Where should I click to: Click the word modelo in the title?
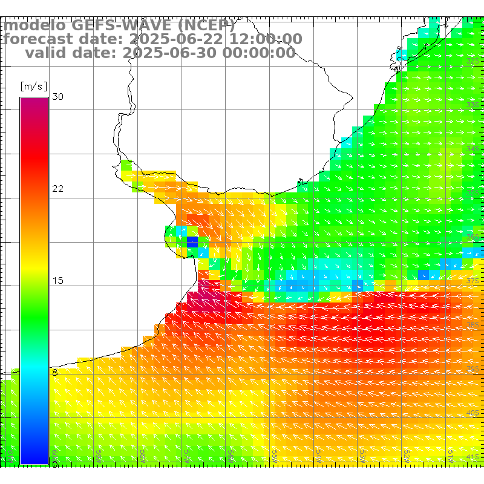[x=34, y=25]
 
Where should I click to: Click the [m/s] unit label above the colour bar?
[x=33, y=87]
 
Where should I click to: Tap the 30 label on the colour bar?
[x=58, y=97]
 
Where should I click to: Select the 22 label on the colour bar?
[x=58, y=189]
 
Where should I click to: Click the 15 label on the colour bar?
[x=58, y=281]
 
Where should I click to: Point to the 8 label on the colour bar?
[x=55, y=373]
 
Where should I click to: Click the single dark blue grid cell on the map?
[x=192, y=242]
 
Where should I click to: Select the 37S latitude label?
[x=473, y=281]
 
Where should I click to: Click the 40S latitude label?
[x=473, y=413]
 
